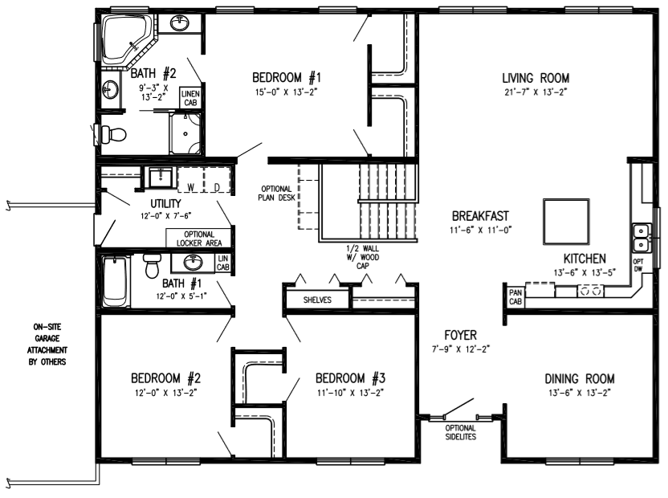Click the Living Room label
tap(536, 79)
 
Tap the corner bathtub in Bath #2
tap(128, 40)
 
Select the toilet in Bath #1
tap(151, 266)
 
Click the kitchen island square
tap(566, 221)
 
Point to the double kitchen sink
tap(641, 238)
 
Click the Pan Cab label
tap(515, 296)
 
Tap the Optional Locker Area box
tap(199, 239)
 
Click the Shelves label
tap(317, 300)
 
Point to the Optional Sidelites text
tap(461, 432)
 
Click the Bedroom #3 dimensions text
tap(350, 393)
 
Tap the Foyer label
tap(461, 335)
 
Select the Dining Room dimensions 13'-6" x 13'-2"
tap(580, 393)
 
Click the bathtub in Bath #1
tap(115, 281)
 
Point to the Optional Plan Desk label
tap(276, 193)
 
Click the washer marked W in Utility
tap(191, 181)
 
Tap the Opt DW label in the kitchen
tap(638, 265)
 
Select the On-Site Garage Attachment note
tap(47, 345)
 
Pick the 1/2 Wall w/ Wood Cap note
tap(363, 257)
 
